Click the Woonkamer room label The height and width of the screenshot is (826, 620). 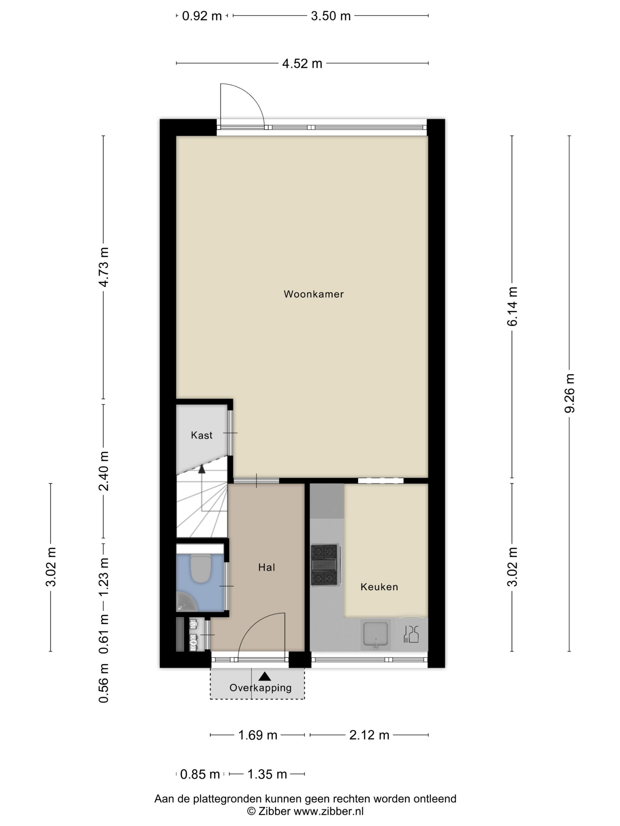[x=314, y=294]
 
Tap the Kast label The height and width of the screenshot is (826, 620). [x=201, y=435]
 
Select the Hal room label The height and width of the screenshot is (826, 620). [x=267, y=567]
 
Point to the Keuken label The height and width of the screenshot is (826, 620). [x=379, y=587]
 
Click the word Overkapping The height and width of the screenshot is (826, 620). [x=260, y=688]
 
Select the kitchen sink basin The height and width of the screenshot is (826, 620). [x=376, y=634]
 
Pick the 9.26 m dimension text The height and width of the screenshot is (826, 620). [x=569, y=393]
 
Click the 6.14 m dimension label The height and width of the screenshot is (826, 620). [x=512, y=307]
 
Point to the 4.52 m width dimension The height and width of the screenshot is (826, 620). [x=302, y=63]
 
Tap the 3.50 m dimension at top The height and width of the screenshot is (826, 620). [x=331, y=16]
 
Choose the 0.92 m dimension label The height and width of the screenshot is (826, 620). [x=202, y=16]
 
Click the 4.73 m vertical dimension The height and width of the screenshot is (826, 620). [x=104, y=267]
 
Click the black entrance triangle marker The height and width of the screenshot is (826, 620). [x=265, y=676]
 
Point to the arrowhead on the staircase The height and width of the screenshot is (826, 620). [x=202, y=469]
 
